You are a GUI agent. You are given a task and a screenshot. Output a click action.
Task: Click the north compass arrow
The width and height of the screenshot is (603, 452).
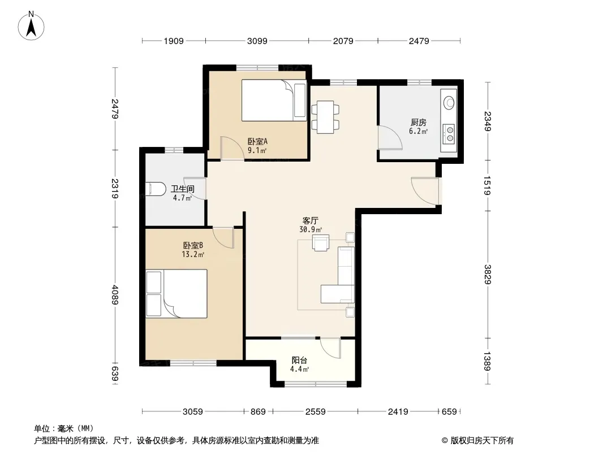[31, 27]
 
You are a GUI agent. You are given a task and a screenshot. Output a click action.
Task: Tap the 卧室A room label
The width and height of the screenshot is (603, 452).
[257, 141]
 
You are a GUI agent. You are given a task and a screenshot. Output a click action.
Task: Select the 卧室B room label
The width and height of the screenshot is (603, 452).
[193, 245]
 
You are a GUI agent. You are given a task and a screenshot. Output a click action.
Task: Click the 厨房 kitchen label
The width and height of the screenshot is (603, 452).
[419, 123]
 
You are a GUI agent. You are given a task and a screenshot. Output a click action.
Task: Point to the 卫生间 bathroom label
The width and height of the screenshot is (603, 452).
[183, 189]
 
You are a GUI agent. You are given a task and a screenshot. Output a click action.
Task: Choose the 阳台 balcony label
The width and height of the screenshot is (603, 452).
[299, 360]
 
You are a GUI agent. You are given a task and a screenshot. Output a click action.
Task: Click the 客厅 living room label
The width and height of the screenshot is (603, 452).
[310, 221]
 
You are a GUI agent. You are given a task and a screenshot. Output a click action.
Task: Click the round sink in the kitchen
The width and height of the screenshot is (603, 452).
[449, 102]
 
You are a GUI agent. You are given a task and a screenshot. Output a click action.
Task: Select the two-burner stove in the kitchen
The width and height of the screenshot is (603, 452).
[449, 134]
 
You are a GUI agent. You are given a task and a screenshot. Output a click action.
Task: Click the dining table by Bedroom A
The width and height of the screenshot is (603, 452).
[325, 117]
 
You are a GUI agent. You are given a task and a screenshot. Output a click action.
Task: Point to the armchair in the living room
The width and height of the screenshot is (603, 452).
[321, 243]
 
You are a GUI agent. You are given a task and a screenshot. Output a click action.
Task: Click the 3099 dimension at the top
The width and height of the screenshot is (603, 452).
[257, 41]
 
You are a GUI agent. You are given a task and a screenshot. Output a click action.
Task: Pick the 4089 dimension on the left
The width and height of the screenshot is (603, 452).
[115, 294]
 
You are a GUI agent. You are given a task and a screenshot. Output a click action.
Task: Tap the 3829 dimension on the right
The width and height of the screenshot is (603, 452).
[487, 274]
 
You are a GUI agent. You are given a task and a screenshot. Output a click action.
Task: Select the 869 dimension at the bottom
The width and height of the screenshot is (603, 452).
[258, 412]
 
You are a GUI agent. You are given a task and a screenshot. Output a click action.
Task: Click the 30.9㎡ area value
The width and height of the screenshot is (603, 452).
[311, 229]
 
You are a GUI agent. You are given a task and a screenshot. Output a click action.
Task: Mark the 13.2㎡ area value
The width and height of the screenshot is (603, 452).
[193, 254]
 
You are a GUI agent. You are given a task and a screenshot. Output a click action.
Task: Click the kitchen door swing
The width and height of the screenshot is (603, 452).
[390, 137]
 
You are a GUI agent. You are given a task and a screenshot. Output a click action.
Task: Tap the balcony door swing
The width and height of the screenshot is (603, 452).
[330, 348]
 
